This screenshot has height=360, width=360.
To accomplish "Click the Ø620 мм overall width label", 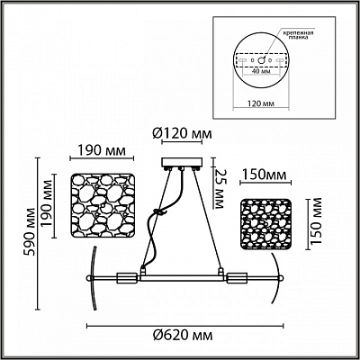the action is point(183,335).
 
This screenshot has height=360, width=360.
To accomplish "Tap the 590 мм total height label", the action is point(30,231).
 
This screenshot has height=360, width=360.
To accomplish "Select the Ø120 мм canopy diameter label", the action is point(182,133).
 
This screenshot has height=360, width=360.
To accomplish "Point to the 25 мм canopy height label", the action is point(220,189).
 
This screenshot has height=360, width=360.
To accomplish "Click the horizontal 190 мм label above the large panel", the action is point(102,150).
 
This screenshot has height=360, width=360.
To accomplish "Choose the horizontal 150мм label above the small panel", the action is point(265,175).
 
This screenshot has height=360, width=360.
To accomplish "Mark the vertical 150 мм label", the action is point(316,220).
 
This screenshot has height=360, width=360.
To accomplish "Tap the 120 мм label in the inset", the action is point(261,103).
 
